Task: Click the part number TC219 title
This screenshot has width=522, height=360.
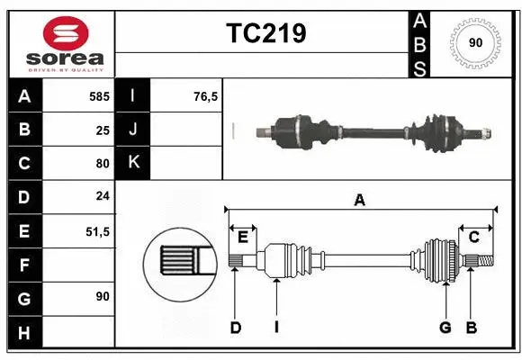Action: tap(265, 33)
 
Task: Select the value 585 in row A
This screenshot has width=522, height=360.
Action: tap(98, 95)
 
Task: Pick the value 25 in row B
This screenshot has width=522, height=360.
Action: tap(102, 130)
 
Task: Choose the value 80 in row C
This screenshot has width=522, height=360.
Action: tap(102, 164)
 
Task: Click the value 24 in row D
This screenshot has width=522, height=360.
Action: tap(102, 197)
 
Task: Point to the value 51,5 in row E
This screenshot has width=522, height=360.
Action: tap(97, 231)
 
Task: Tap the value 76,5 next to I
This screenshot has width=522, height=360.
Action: tap(206, 95)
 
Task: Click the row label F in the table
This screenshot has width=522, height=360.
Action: tap(23, 265)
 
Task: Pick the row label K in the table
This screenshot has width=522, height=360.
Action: tap(133, 163)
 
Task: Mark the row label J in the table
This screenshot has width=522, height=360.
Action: tap(133, 130)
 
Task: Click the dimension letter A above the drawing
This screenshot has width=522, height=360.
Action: tap(359, 200)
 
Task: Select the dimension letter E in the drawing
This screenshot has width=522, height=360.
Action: tap(243, 237)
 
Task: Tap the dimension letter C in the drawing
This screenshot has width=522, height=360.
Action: tap(473, 237)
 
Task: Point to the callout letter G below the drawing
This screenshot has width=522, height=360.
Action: tap(445, 328)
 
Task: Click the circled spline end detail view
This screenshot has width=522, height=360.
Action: tap(177, 261)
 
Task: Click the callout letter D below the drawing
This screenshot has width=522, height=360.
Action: tap(235, 328)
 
